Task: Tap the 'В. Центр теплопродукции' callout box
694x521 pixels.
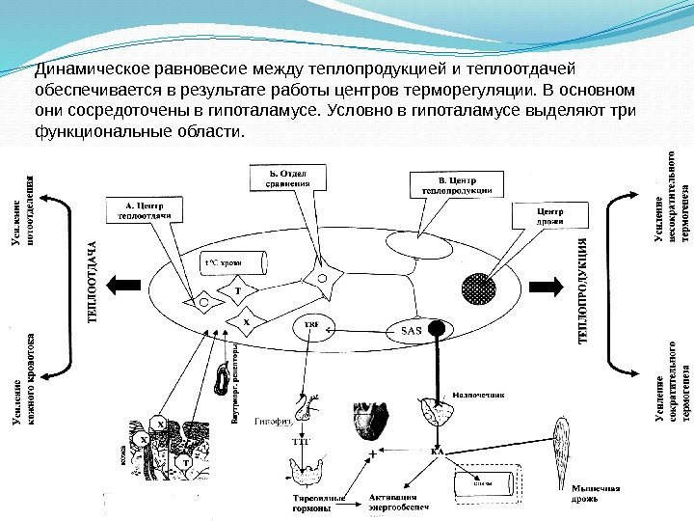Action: [x=456, y=184]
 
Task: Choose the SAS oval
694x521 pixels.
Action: [x=411, y=330]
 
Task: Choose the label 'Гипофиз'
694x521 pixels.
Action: [x=274, y=421]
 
